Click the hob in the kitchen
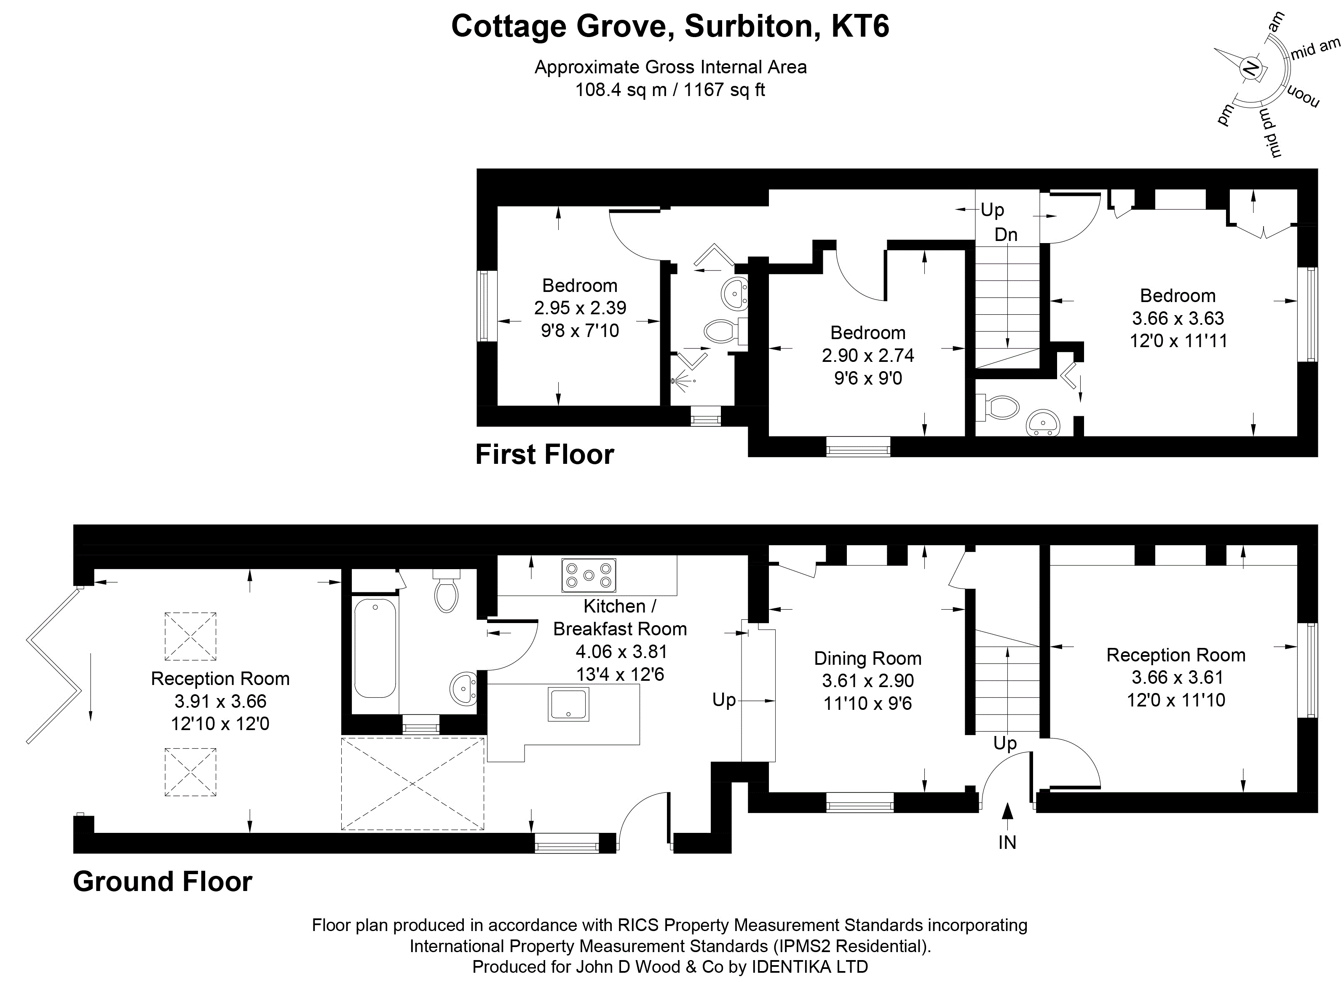tap(589, 575)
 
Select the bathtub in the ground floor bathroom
tap(375, 648)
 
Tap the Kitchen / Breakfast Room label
tap(620, 617)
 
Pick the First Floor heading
tap(544, 454)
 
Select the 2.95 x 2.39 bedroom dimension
tap(580, 308)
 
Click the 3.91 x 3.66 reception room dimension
tap(220, 701)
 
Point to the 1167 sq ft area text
tap(725, 90)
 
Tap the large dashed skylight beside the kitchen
tap(412, 784)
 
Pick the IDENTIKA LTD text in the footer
tap(810, 967)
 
